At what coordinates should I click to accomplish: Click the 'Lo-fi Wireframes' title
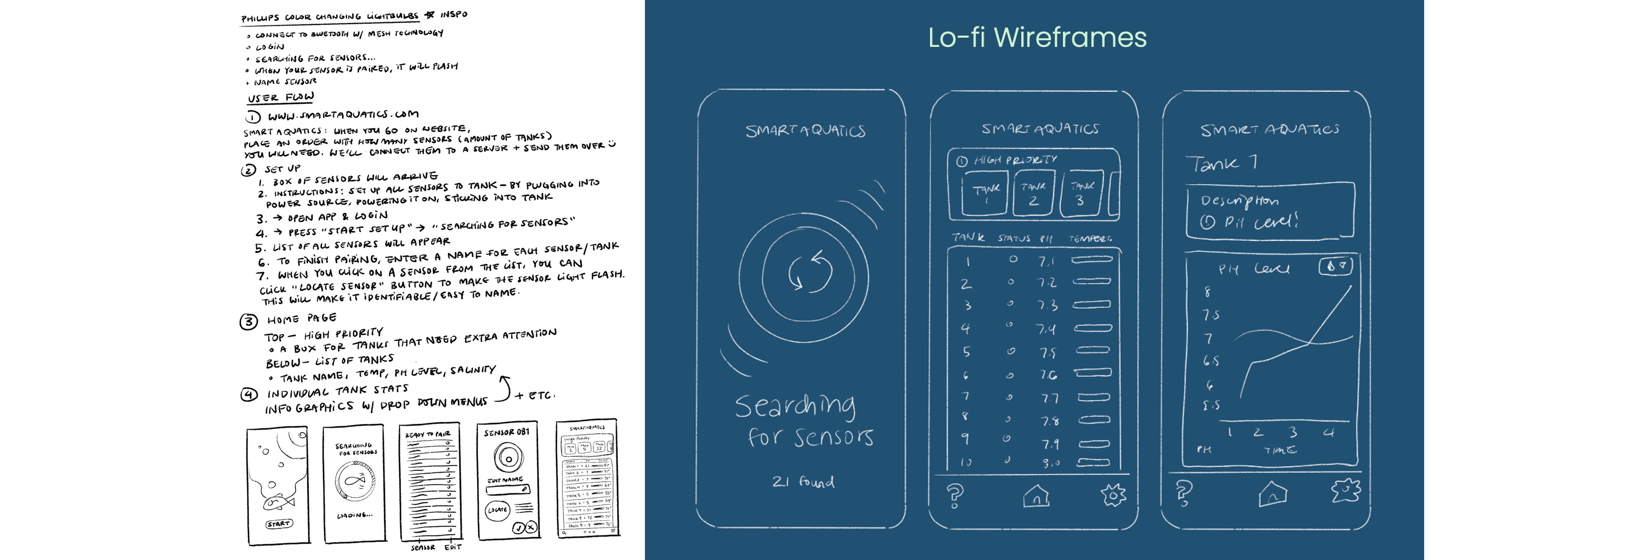(x=1037, y=37)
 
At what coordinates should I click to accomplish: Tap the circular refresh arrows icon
(x=810, y=272)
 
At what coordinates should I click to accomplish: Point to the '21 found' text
(x=803, y=481)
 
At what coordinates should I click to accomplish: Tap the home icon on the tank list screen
(x=1036, y=495)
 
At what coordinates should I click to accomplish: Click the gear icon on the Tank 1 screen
(x=1346, y=491)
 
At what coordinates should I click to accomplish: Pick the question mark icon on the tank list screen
(x=954, y=495)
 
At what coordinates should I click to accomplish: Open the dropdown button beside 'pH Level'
(x=1335, y=266)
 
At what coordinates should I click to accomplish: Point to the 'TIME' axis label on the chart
(x=1280, y=450)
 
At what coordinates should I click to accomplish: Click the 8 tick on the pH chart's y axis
(x=1207, y=292)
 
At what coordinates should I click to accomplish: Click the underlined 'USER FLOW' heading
(x=281, y=97)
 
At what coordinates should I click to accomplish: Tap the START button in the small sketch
(x=278, y=524)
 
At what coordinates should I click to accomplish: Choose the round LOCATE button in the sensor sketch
(x=498, y=510)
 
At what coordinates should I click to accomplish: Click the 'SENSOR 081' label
(x=506, y=433)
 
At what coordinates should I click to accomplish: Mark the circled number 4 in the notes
(x=249, y=394)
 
